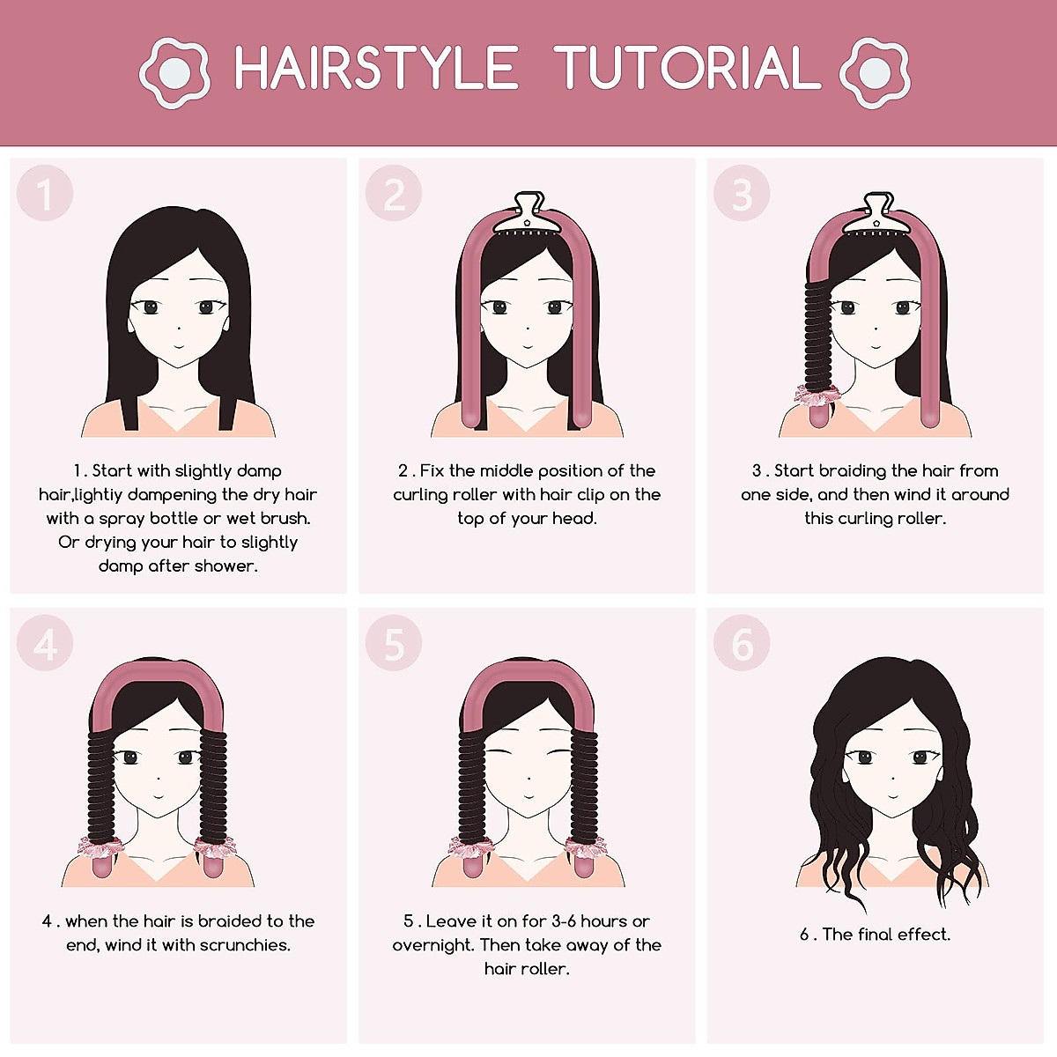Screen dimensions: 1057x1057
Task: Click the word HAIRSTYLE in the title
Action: point(376,68)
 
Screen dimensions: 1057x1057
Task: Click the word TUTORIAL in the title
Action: point(687,68)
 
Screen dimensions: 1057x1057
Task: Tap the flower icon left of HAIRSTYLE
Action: point(174,70)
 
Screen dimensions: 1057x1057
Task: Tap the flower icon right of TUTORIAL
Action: point(874,70)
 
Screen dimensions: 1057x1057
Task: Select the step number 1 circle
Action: point(44,194)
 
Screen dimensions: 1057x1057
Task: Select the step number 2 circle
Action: point(394,194)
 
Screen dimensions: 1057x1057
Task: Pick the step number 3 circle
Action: point(742,194)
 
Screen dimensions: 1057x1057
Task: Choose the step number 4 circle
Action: point(44,644)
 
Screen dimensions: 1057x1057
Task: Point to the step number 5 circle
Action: point(394,644)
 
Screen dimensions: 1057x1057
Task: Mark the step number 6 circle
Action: point(742,644)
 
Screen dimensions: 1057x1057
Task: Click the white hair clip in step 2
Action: point(527,214)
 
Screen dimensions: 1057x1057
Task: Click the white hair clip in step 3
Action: point(876,214)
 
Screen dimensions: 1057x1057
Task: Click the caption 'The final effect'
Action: point(886,935)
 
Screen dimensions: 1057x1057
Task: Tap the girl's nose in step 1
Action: point(179,329)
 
